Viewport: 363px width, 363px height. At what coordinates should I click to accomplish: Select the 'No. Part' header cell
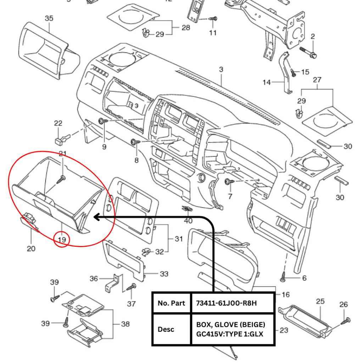(x=172, y=303)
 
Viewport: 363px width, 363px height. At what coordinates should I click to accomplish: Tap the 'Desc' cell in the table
(x=166, y=329)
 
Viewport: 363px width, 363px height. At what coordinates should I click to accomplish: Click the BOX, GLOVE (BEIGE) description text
(x=230, y=325)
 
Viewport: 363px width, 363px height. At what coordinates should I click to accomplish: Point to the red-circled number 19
(x=62, y=240)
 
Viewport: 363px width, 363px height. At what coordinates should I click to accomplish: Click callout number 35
(x=49, y=18)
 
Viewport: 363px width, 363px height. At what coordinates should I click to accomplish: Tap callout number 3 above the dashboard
(x=221, y=69)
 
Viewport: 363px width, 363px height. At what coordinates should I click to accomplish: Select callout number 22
(x=58, y=123)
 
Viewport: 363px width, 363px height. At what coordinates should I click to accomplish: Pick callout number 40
(x=188, y=221)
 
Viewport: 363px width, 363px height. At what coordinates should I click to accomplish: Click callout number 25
(x=320, y=301)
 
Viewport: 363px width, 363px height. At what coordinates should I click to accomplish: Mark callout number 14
(x=267, y=83)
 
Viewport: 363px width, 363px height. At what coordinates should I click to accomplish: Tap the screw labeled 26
(x=345, y=320)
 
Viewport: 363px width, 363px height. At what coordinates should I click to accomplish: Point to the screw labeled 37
(x=132, y=287)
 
